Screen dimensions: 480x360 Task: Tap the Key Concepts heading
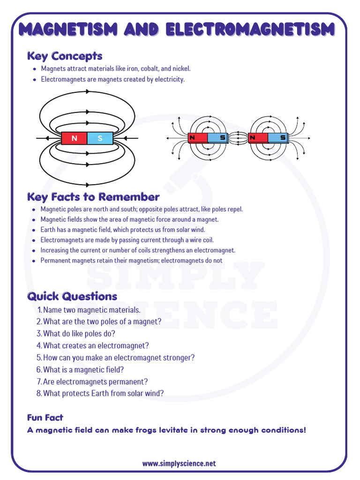65,56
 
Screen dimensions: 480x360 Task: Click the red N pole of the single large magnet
75,138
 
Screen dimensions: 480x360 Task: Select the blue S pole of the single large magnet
100,138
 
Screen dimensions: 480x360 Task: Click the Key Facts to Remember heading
93,197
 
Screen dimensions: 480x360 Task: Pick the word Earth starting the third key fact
48,230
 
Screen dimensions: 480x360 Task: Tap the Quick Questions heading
72,296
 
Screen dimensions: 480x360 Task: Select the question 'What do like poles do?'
79,334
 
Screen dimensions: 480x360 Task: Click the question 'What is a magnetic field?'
83,370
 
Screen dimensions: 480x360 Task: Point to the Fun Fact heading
45,417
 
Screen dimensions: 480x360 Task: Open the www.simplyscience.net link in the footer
179,463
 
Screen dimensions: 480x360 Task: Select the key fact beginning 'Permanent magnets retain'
131,261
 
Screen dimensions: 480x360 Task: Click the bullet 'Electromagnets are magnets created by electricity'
112,79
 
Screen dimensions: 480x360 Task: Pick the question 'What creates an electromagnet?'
96,345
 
